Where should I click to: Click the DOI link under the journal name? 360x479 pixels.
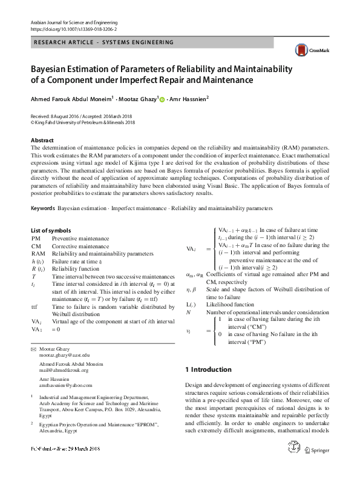point(74,28)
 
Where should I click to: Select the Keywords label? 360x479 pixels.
point(42,208)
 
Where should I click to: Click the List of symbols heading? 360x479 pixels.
point(51,231)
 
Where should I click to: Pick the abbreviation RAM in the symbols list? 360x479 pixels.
point(38,254)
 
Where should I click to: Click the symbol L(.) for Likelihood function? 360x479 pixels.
point(191,304)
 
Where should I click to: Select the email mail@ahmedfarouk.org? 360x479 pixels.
point(64,371)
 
